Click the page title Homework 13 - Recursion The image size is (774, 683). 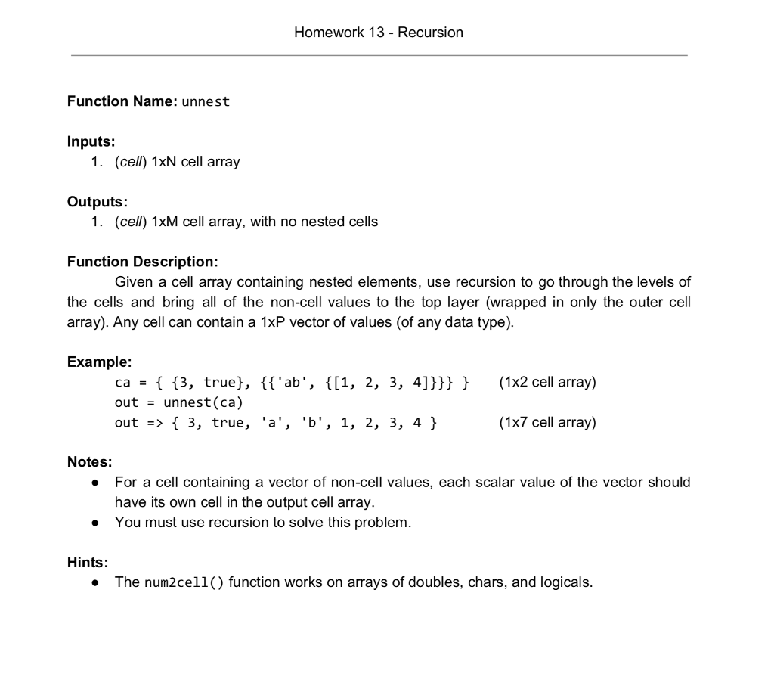point(379,32)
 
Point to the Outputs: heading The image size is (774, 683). point(98,202)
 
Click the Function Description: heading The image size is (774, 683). point(143,262)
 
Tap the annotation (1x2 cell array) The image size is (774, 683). point(547,382)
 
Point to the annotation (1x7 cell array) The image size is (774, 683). point(547,422)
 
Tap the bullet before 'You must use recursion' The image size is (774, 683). point(96,522)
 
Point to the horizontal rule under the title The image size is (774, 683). point(379,55)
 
